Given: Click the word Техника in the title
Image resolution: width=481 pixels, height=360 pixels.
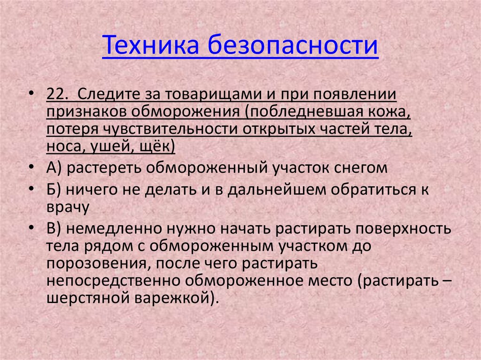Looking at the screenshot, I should pos(149,46).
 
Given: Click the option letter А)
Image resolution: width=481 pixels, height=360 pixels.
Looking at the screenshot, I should pos(55,168).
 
